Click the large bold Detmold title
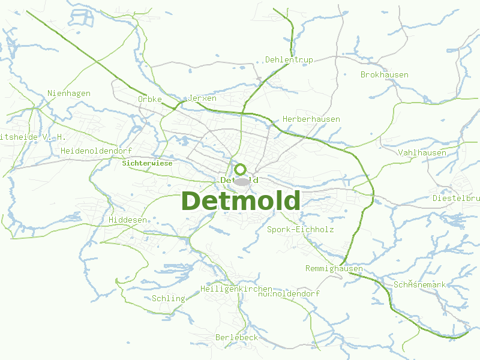pyautogui.click(x=240, y=201)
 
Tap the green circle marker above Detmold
pyautogui.click(x=240, y=169)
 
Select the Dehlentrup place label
pyautogui.click(x=289, y=59)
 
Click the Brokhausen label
pyautogui.click(x=384, y=75)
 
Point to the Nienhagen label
pyautogui.click(x=69, y=93)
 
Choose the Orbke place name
pyautogui.click(x=150, y=99)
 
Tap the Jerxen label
pyautogui.click(x=202, y=98)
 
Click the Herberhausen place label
pyautogui.click(x=311, y=119)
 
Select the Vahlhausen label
pyautogui.click(x=422, y=152)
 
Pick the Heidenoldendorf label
pyautogui.click(x=96, y=151)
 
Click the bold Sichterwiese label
pyautogui.click(x=147, y=163)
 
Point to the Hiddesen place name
pyautogui.click(x=127, y=220)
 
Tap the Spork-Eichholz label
pyautogui.click(x=300, y=229)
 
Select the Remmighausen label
pyautogui.click(x=334, y=268)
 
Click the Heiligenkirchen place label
pyautogui.click(x=236, y=289)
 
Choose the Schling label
pyautogui.click(x=168, y=298)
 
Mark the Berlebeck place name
pyautogui.click(x=236, y=337)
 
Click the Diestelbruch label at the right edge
pyautogui.click(x=456, y=198)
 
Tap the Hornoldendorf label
pyautogui.click(x=289, y=294)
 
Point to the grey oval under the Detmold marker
pyautogui.click(x=241, y=181)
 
